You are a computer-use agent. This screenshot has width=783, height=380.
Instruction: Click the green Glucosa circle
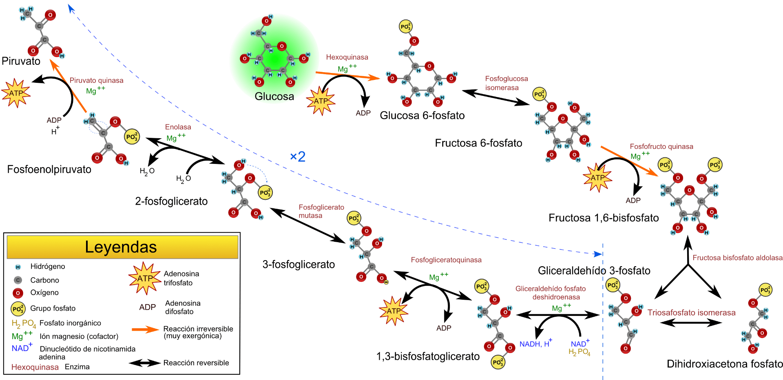point(274,59)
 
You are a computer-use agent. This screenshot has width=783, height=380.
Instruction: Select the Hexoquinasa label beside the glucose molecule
point(347,57)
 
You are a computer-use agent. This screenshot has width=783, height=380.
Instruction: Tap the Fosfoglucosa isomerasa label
point(506,83)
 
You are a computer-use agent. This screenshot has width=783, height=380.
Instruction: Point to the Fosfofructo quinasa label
point(661,146)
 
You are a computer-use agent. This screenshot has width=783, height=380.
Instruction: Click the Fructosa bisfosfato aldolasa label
point(737,258)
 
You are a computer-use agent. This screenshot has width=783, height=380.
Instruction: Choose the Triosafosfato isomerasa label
point(691,313)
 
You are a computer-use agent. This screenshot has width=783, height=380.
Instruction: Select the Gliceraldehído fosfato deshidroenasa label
point(551,293)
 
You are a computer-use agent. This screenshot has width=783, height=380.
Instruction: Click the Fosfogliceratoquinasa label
point(446,260)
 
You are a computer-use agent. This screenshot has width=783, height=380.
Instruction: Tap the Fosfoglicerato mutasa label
point(321,211)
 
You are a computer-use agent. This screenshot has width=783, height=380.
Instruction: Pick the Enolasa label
point(178,127)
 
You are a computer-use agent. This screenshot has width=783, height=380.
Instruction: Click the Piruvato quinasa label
point(96,81)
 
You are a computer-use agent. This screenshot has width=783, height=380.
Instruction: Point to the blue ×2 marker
point(298,157)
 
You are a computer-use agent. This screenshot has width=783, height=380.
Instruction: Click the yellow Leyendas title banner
point(122,247)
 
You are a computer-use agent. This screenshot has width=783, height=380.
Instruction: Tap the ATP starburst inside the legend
point(145,278)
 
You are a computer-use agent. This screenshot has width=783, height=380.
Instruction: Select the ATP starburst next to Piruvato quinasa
point(16,93)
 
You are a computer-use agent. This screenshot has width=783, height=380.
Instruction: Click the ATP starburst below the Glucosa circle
point(321,101)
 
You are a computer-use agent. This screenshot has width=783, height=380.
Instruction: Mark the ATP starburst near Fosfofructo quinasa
point(597,178)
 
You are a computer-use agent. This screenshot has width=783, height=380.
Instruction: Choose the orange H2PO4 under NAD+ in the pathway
point(579,352)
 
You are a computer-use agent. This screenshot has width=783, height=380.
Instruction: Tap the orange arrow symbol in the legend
point(145,329)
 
